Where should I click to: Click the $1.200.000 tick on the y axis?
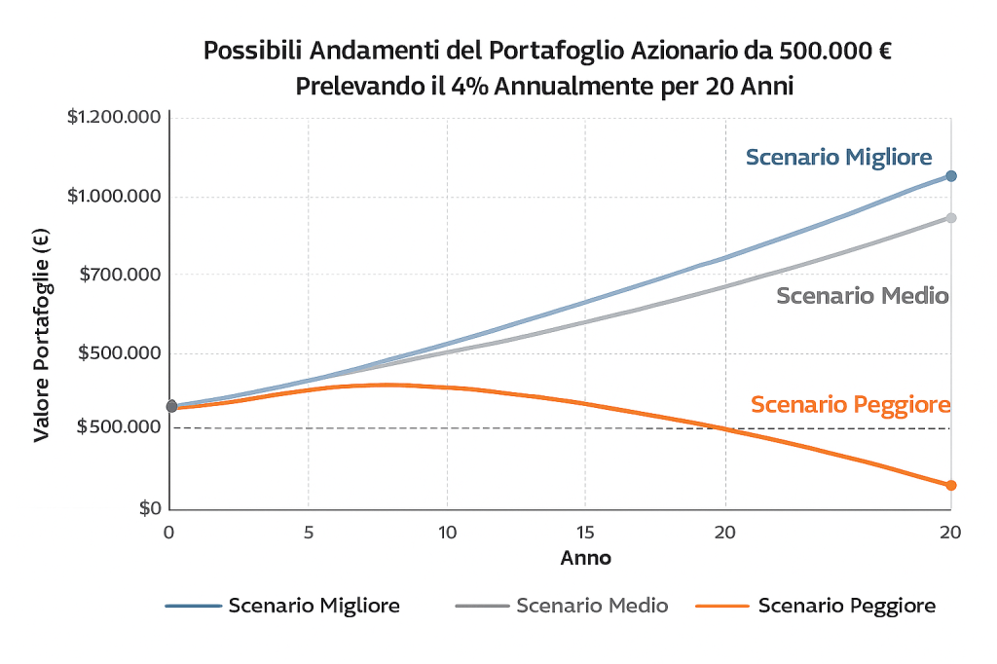(x=113, y=118)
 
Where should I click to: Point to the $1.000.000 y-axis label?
(x=113, y=197)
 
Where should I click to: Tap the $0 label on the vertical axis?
(x=149, y=508)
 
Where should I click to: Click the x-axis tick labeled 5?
(x=309, y=533)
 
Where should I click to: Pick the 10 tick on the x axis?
(x=447, y=533)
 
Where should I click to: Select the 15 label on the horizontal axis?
(x=585, y=533)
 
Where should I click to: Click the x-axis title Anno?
(x=585, y=559)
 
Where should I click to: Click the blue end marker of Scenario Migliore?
(x=951, y=176)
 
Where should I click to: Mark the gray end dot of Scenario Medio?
(x=951, y=218)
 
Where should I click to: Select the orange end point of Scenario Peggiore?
(x=951, y=485)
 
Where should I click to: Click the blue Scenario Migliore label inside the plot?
(x=838, y=157)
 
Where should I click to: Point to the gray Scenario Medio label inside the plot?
(x=862, y=296)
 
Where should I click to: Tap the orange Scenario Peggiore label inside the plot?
(x=850, y=405)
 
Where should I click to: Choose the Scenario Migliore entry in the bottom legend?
(x=314, y=606)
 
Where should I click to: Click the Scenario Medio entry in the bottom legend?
(x=592, y=606)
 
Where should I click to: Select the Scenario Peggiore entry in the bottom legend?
(x=846, y=606)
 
